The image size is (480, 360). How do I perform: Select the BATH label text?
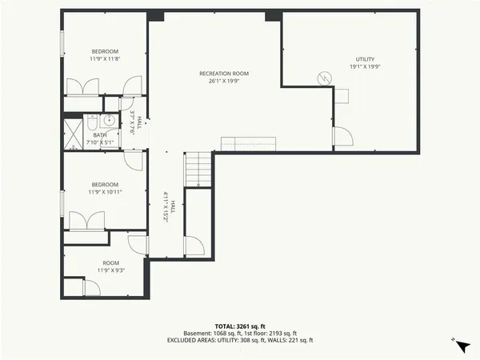pyautogui.click(x=99, y=135)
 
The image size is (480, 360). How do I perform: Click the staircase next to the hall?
pyautogui.click(x=198, y=169)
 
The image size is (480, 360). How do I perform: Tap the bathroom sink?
pyautogui.click(x=92, y=122)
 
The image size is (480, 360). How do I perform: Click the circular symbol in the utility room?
pyautogui.click(x=324, y=78)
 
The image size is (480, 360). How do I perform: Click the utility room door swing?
pyautogui.click(x=342, y=137)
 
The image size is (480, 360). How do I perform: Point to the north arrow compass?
pyautogui.click(x=460, y=346)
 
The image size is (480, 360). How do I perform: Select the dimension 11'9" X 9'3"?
pyautogui.click(x=110, y=270)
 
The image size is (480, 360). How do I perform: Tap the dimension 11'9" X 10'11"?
pyautogui.click(x=105, y=192)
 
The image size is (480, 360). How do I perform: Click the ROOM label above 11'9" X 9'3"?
pyautogui.click(x=110, y=262)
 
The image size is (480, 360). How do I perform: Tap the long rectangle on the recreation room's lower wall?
pyautogui.click(x=248, y=143)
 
